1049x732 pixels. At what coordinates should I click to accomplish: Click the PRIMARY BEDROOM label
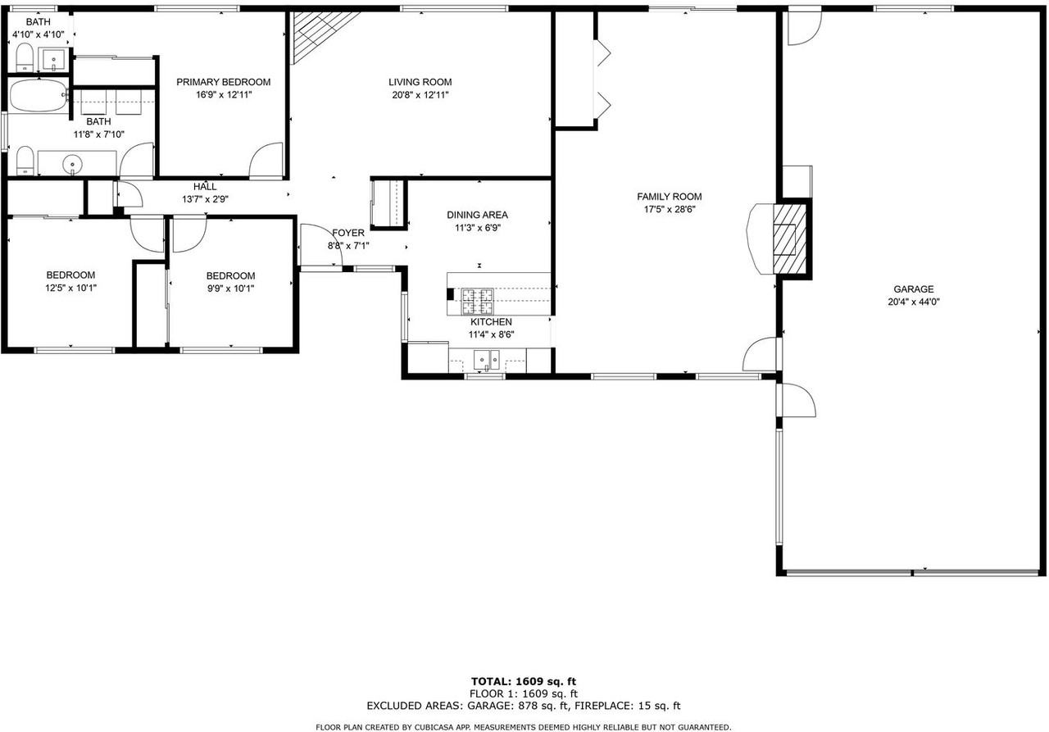[223, 82]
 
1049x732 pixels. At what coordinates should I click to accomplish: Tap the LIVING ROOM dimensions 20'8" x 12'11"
[420, 95]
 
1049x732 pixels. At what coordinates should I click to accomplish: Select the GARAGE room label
[913, 289]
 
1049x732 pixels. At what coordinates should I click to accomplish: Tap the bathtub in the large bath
[39, 97]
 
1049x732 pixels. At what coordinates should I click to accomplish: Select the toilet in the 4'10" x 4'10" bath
[25, 57]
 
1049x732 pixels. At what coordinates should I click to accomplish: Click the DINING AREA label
[477, 215]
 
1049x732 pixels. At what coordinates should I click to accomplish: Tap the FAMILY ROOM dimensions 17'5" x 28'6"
[669, 209]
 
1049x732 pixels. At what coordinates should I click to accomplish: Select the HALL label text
[205, 187]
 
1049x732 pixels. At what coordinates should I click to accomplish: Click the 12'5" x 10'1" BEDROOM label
[70, 275]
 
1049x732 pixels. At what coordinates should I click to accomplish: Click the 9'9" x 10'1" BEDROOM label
[230, 276]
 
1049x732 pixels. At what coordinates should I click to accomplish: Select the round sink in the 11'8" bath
[74, 165]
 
